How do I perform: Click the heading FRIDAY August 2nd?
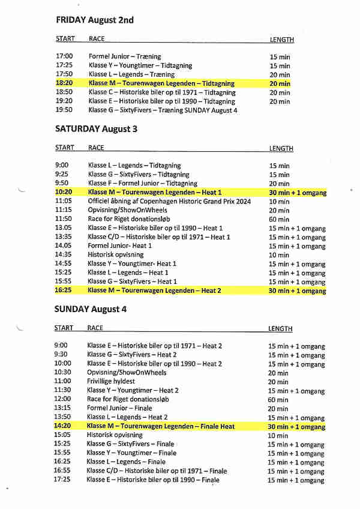tap(95, 20)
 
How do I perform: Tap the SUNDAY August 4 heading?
tap(91, 309)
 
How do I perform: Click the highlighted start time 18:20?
tap(64, 83)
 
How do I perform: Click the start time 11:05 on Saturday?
tap(64, 201)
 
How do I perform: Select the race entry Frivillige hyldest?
tap(111, 381)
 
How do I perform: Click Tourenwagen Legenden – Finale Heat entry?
tap(161, 426)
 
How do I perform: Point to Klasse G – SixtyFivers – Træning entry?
tap(162, 110)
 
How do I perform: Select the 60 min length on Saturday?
tap(278, 219)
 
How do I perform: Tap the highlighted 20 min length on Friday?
tap(280, 83)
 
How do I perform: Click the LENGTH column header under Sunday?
tap(280, 329)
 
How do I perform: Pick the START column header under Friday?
tap(65, 39)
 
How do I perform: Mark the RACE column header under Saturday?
tap(96, 148)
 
